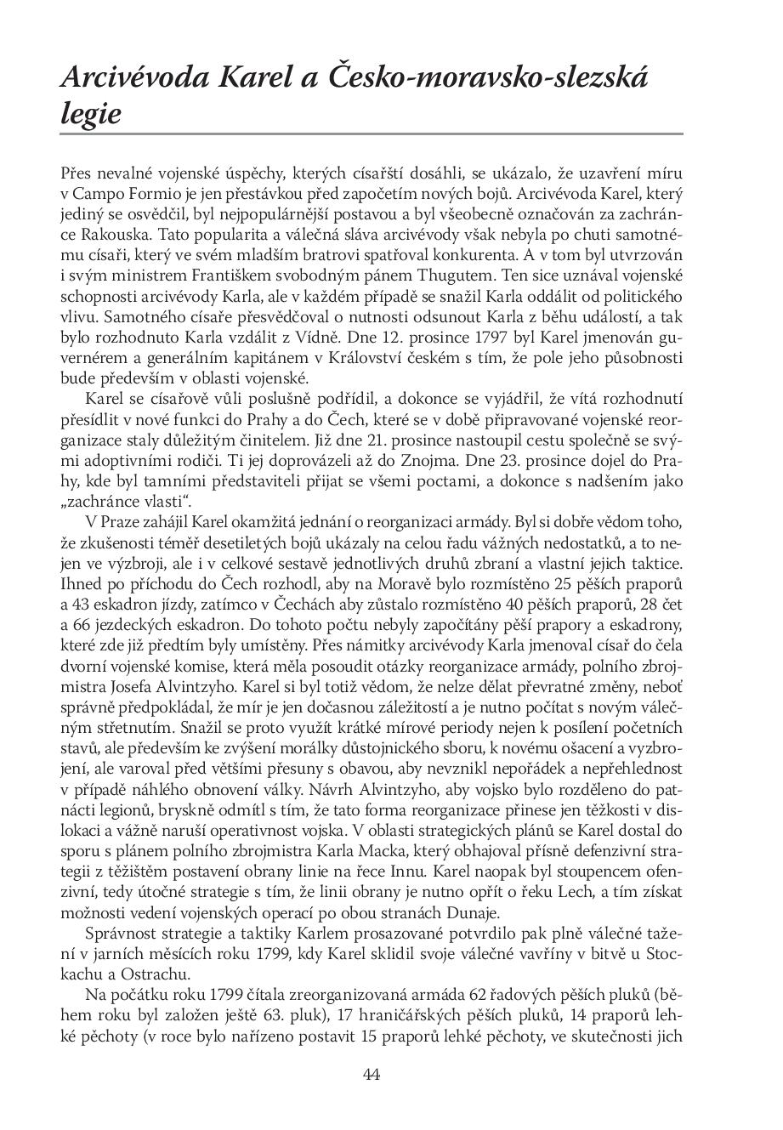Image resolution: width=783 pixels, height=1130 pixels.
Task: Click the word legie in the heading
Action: (x=91, y=114)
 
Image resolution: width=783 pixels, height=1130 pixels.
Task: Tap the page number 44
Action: (x=371, y=1074)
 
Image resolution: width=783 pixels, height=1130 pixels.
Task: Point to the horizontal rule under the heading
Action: (x=372, y=134)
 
